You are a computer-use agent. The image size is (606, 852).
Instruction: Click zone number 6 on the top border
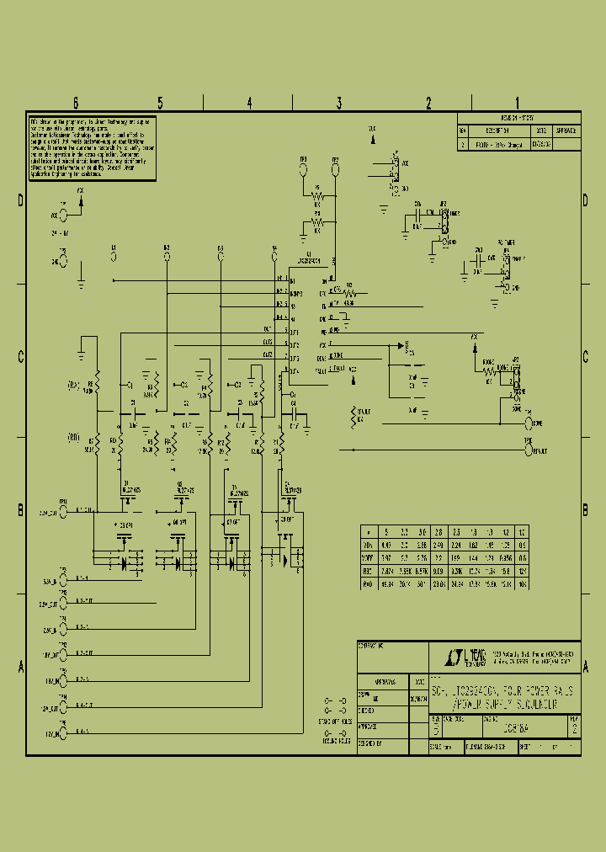(x=75, y=104)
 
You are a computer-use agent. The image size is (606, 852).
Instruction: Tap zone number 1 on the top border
(x=516, y=104)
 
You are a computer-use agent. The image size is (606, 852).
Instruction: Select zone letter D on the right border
(x=585, y=200)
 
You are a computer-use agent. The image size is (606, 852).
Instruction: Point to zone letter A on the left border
(x=20, y=666)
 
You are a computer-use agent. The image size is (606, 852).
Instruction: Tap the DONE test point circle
(x=529, y=423)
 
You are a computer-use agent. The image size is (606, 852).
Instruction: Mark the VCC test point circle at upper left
(x=62, y=216)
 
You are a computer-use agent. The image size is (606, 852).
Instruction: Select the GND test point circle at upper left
(x=62, y=262)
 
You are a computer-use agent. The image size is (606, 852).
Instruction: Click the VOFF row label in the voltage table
(x=366, y=557)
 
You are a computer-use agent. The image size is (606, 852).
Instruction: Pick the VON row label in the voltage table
(x=366, y=545)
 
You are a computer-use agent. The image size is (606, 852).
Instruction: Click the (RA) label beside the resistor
(x=74, y=386)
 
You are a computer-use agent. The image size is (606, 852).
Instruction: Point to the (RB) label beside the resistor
(x=74, y=438)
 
